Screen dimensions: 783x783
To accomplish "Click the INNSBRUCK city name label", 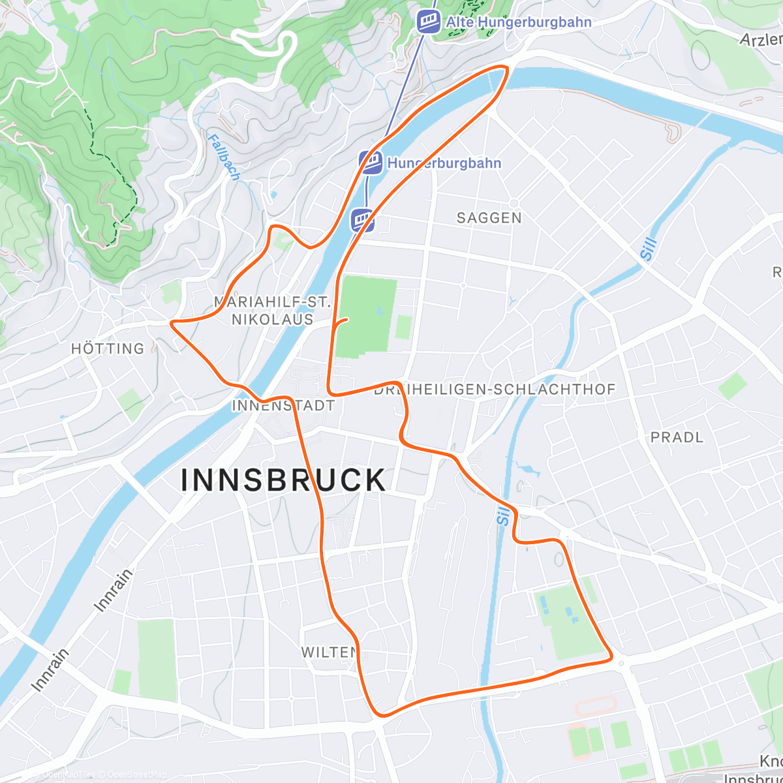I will (x=284, y=481).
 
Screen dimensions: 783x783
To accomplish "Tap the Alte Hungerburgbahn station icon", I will (x=429, y=22).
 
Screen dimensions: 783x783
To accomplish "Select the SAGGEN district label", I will (x=489, y=218).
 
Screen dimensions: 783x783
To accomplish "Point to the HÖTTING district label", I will (x=108, y=348).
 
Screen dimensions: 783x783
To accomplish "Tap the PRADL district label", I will (x=677, y=437).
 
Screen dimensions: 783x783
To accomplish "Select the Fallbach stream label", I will (x=224, y=157).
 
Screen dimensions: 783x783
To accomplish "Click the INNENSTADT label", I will (x=283, y=405).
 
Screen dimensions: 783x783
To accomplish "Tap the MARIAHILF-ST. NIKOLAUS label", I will (x=273, y=311).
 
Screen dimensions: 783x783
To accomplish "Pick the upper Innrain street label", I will (x=114, y=590).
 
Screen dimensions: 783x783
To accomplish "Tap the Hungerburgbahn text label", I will (x=444, y=163).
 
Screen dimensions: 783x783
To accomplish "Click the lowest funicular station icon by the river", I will (x=363, y=220).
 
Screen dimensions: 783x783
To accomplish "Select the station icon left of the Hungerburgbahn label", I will (x=371, y=162).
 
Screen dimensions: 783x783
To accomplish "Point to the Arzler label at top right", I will (x=761, y=39).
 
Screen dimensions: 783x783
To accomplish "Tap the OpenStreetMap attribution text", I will (x=136, y=775).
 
